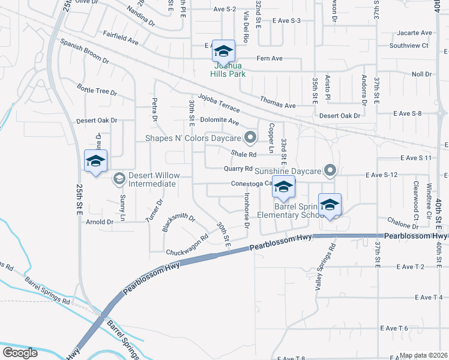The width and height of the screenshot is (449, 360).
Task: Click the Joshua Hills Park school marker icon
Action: tap(223, 52)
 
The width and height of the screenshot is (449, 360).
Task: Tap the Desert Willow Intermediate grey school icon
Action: tap(119, 178)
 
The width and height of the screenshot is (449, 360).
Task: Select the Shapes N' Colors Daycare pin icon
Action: tap(253, 138)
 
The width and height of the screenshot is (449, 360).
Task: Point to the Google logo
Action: tap(20, 352)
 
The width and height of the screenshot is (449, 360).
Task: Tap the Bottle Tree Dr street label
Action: tap(97, 91)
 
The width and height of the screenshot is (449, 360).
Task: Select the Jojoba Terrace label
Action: tap(218, 103)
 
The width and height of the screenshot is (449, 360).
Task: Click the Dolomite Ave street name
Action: tap(220, 121)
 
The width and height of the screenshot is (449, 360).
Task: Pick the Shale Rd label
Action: tap(244, 154)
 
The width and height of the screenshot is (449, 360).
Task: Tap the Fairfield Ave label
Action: tap(121, 38)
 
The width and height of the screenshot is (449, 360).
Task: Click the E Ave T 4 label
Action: tap(429, 297)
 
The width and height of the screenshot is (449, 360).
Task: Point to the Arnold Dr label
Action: tap(100, 222)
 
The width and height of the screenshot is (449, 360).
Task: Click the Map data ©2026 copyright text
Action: tap(424, 355)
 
